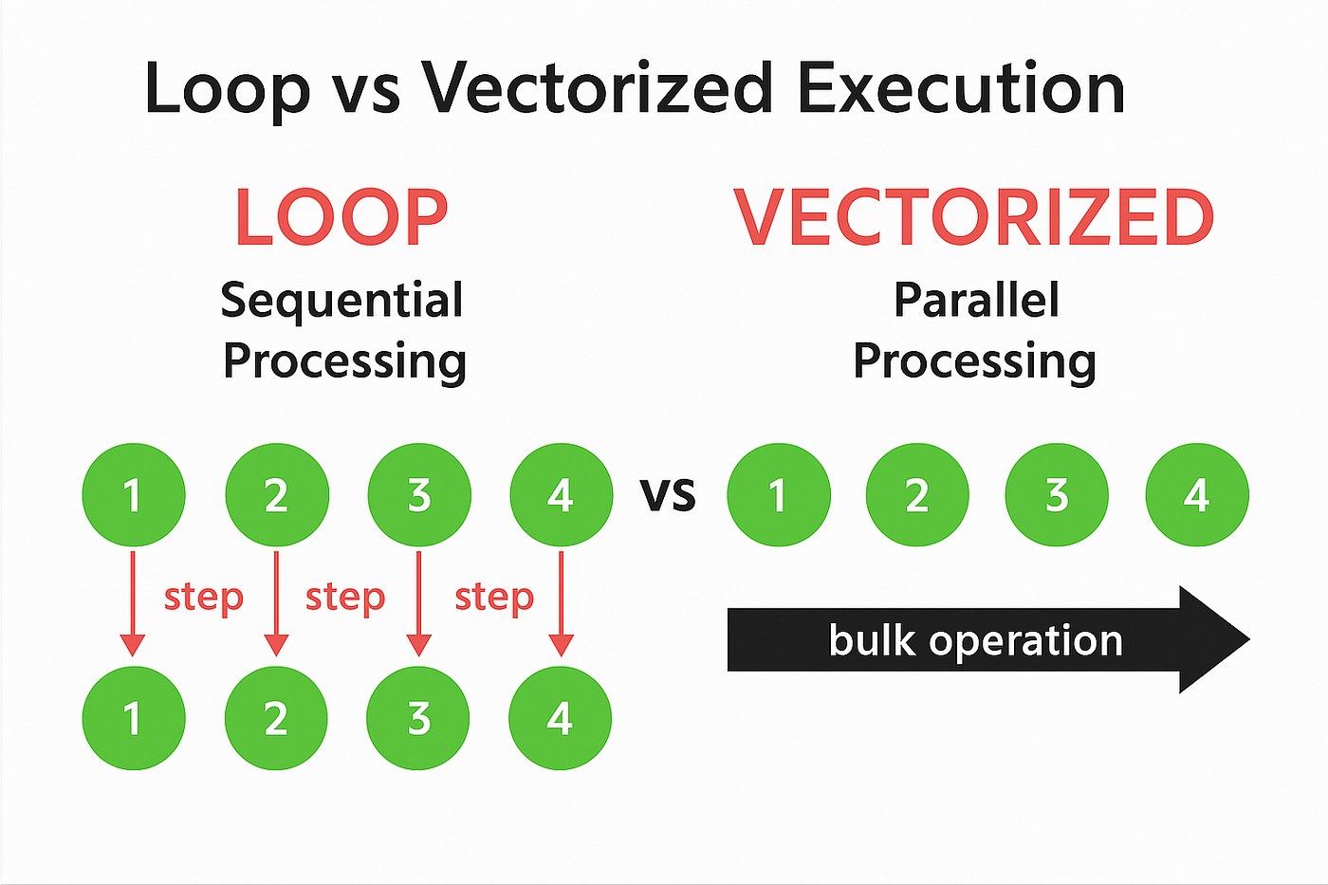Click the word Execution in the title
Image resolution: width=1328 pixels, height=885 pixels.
[961, 88]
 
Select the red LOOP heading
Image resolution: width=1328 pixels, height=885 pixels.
[341, 217]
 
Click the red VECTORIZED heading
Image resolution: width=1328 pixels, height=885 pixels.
[974, 217]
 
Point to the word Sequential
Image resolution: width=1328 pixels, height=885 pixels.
[341, 302]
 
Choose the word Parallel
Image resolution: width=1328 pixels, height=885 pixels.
[976, 300]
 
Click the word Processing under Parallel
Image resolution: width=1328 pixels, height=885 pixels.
[975, 362]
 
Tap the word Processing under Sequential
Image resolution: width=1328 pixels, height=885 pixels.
[344, 362]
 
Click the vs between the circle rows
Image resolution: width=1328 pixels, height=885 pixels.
[668, 494]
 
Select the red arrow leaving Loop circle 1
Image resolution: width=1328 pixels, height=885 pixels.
[133, 604]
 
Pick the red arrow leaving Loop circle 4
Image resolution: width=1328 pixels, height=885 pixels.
[561, 604]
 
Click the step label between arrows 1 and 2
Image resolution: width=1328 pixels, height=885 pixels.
[204, 598]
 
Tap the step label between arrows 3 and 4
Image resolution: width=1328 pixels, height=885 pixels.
[494, 598]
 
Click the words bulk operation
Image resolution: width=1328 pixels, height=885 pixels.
[976, 641]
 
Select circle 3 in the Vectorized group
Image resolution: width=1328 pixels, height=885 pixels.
[1057, 494]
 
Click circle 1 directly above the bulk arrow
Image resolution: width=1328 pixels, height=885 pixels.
[779, 494]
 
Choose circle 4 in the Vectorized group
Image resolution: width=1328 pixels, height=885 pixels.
[1197, 494]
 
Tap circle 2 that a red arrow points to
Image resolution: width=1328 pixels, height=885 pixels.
[276, 718]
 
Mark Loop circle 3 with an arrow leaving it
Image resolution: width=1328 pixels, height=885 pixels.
[419, 494]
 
